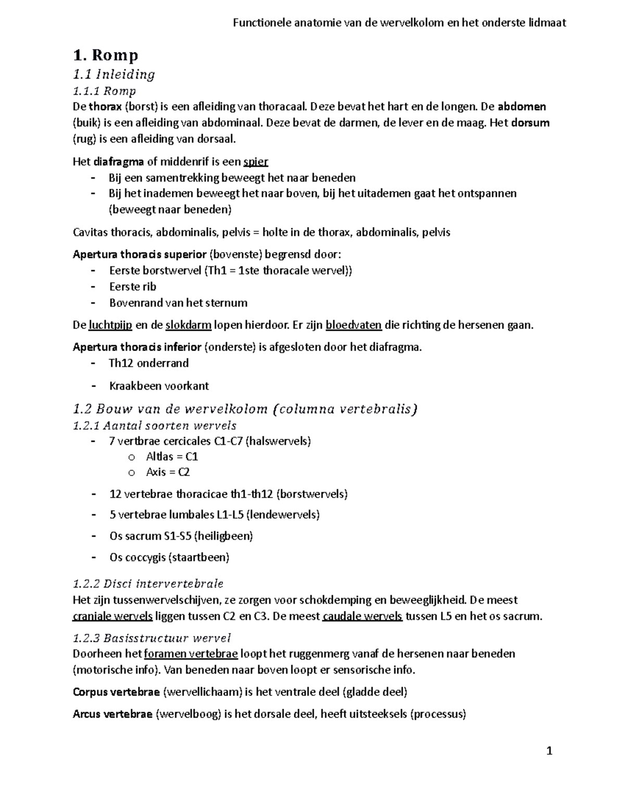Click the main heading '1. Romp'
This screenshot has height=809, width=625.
pos(105,55)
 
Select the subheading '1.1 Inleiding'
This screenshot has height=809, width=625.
pos(114,74)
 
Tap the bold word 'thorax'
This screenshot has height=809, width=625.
pos(105,107)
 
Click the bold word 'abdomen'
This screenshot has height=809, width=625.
pos(522,107)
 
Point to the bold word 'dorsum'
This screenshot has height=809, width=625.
pos(531,123)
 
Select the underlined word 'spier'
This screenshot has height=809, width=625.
pos(256,162)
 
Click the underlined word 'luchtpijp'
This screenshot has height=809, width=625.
pos(110,326)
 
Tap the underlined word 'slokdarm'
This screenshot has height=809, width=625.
pos(189,326)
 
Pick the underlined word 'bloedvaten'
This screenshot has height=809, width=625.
pos(354,326)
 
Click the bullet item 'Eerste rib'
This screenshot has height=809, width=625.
pos(132,287)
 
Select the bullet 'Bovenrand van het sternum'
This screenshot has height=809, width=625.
pos(178,303)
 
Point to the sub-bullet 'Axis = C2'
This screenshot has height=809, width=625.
pos(168,472)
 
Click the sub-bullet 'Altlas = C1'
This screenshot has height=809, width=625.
pos(172,456)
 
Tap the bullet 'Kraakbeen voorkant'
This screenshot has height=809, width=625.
pos(159,386)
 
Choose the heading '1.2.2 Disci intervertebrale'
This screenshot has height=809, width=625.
pos(148,583)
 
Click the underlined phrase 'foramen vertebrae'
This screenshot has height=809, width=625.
pos(191,654)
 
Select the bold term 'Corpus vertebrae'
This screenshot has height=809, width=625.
pos(116,692)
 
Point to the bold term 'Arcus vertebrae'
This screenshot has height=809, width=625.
pos(113,714)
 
